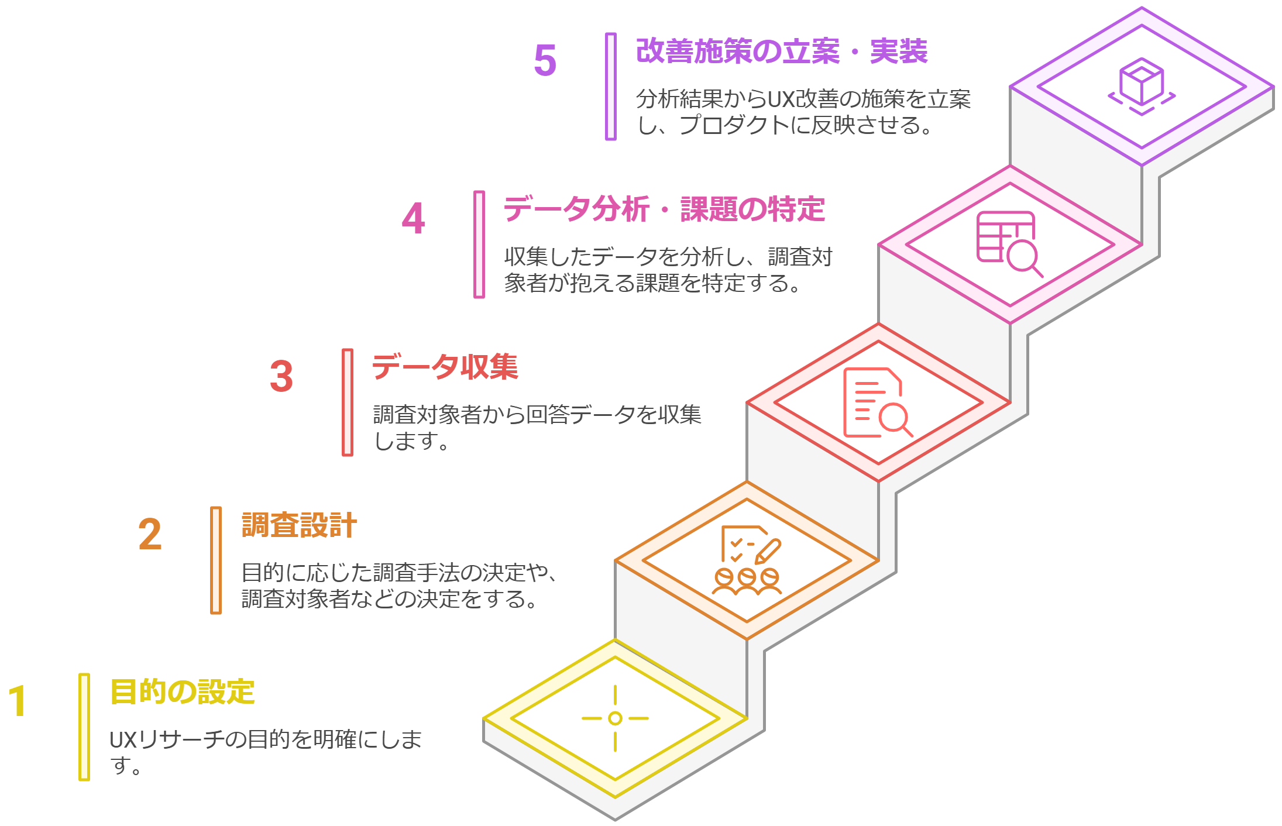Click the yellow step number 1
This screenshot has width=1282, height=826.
click(18, 700)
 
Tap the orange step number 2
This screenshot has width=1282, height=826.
click(150, 534)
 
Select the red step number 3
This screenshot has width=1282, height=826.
click(281, 376)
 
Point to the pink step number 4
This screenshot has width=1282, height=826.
click(413, 218)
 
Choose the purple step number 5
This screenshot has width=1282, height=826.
click(545, 60)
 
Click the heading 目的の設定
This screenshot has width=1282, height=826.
click(182, 692)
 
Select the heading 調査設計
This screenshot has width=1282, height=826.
click(299, 525)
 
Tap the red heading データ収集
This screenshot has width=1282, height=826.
click(445, 367)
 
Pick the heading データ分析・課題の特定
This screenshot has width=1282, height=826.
click(664, 209)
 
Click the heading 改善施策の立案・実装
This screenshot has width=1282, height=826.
click(781, 51)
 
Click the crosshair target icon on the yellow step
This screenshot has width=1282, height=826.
click(615, 718)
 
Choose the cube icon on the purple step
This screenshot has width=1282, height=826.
click(1142, 86)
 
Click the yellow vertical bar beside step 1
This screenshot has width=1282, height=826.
click(84, 727)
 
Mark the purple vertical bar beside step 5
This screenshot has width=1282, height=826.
click(611, 87)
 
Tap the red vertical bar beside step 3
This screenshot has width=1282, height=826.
click(348, 402)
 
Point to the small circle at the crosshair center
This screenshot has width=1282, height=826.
click(615, 718)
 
